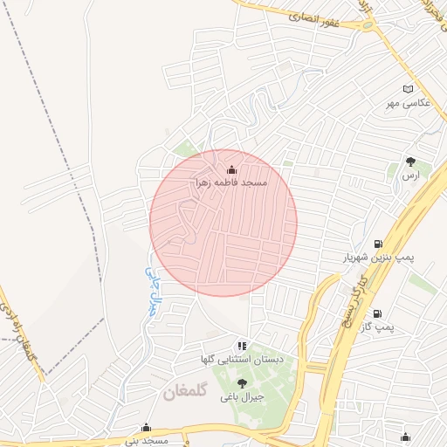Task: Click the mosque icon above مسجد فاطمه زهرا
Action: pos(231,169)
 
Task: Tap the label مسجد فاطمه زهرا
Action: pos(230,183)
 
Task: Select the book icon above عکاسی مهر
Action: pos(409,90)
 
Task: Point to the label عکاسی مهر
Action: pos(409,104)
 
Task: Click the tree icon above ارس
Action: pos(410,162)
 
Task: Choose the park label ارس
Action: pos(410,175)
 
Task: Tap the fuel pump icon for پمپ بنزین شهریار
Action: pos(377,244)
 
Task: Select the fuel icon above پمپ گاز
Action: pos(377,313)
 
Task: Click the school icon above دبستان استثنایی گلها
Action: pos(242,347)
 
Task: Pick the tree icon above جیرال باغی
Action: pos(242,383)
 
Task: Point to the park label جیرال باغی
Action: pos(242,397)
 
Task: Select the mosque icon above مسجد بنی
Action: pos(146,428)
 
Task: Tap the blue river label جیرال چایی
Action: pos(154,290)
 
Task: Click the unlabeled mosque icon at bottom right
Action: pos(405,437)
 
